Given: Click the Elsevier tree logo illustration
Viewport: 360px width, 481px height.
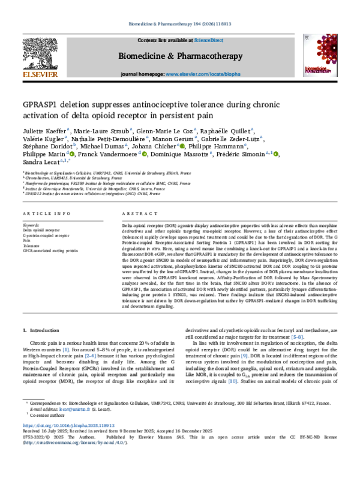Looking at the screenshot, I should (40, 53).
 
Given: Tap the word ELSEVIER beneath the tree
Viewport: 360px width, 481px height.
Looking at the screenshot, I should (40, 74).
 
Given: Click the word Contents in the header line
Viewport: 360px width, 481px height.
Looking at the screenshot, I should (146, 40).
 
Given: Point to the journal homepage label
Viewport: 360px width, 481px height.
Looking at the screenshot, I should (143, 73).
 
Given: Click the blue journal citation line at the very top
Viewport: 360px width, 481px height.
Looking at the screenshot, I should (180, 24).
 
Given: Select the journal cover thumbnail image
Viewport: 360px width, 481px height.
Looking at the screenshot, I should (319, 55).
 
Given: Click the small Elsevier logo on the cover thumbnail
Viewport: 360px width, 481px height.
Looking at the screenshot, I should (307, 38).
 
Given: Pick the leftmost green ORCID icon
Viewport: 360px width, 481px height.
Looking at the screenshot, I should (72, 154).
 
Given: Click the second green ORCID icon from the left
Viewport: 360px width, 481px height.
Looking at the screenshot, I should (145, 154).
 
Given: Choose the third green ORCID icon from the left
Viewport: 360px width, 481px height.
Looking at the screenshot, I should (182, 146).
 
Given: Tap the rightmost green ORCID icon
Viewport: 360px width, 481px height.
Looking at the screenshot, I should (275, 154).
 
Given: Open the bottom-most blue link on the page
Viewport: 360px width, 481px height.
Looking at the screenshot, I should (74, 443).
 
